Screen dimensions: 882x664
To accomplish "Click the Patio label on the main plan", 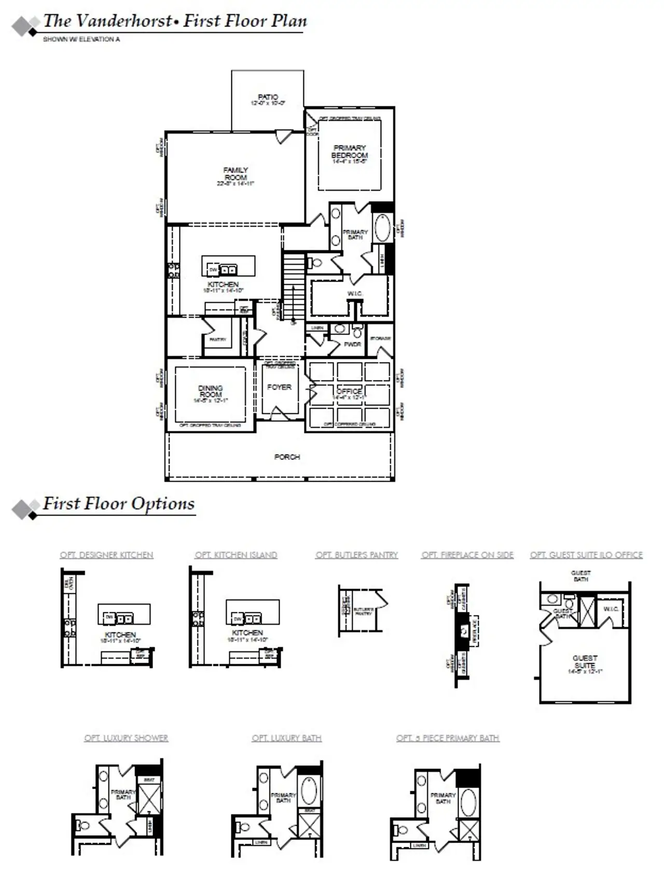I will pos(268,97).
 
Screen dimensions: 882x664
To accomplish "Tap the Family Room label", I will pos(236,174).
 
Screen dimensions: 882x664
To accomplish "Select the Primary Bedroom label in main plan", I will pos(350,151).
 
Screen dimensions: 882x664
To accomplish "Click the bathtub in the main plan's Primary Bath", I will pos(383,228).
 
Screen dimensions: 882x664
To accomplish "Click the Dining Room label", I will pos(210,391).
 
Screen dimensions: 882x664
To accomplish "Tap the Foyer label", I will pos(279,387).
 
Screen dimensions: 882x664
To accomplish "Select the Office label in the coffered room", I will pos(349,391).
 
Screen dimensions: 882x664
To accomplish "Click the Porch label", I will pos(287,457).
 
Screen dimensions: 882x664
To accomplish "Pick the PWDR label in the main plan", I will pos(352,344).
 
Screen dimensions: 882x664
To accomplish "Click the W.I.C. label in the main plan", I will pos(355,294).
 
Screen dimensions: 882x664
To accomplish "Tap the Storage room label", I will pos(380,339).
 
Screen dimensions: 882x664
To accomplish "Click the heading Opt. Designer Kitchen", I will pos(106,555).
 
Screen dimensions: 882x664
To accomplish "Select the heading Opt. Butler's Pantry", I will pos(357,555).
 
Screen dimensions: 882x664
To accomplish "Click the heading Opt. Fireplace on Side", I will pos(467,555).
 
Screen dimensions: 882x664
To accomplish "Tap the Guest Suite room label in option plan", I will pos(585,661).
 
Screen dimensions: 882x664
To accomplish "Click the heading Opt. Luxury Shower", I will pos(126,738).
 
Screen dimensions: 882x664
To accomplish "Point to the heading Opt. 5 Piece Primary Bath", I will pos(448,738).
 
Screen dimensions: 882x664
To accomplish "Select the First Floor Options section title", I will pos(119,503).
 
